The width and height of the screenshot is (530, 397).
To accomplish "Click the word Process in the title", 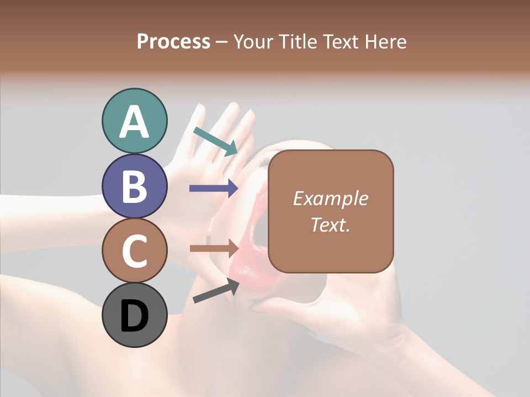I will pos(173,42).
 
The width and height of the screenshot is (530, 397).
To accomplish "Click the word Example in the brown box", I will pos(330,198).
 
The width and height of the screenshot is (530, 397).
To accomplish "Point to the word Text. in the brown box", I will pos(330,224).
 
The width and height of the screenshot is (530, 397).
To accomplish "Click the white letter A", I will pos(134,122).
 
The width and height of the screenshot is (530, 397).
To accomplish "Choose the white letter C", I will pos(134,251).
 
